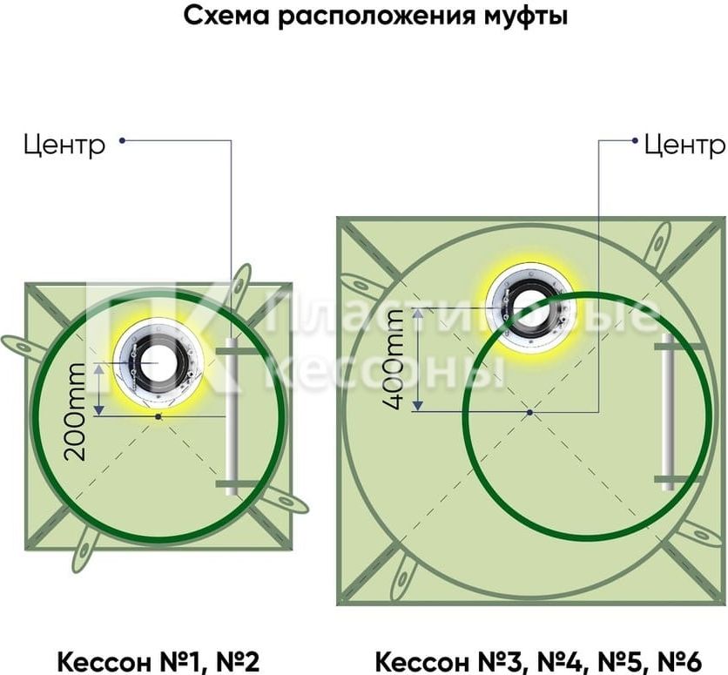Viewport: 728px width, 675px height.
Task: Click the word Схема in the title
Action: [226, 16]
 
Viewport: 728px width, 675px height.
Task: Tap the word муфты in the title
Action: [526, 17]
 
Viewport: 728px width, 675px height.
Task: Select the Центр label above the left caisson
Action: [64, 145]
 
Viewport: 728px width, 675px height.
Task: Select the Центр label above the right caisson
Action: [684, 145]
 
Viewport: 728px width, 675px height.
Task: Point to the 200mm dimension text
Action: [76, 411]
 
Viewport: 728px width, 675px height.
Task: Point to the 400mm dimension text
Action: [394, 360]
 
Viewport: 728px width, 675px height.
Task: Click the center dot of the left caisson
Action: [158, 417]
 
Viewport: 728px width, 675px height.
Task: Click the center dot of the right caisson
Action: [529, 412]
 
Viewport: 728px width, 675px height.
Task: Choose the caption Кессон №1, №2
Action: [158, 660]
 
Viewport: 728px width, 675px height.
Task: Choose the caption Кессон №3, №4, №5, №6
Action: [538, 660]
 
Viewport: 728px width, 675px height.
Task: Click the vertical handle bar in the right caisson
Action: [668, 412]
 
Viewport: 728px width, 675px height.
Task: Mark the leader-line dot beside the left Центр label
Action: [122, 140]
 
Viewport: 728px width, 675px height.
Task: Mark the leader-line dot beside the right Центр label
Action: [635, 140]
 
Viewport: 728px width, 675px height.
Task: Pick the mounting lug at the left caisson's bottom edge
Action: [85, 550]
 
